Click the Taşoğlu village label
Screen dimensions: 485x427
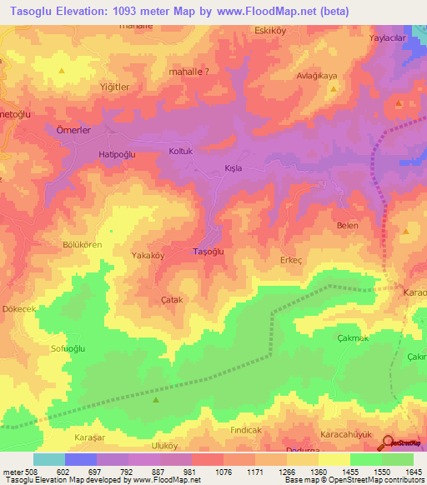pyautogui.click(x=208, y=251)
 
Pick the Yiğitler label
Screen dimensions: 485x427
pyautogui.click(x=113, y=87)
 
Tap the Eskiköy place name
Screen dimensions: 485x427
pyautogui.click(x=270, y=32)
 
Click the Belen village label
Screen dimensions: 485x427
pyautogui.click(x=347, y=226)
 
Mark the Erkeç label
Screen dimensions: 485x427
pyautogui.click(x=290, y=260)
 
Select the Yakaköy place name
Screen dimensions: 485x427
pyautogui.click(x=148, y=256)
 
